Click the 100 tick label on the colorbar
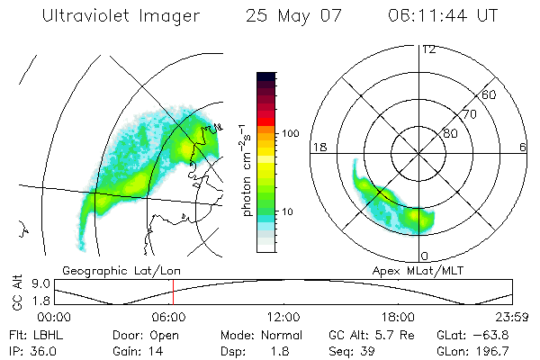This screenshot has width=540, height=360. tap(290, 133)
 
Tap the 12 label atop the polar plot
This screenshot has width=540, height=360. tap(428, 49)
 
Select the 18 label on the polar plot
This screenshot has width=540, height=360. tap(319, 147)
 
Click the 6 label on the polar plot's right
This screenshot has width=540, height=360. tap(523, 147)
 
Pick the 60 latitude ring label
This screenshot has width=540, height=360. tap(490, 94)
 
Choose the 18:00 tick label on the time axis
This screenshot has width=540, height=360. tap(398, 317)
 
